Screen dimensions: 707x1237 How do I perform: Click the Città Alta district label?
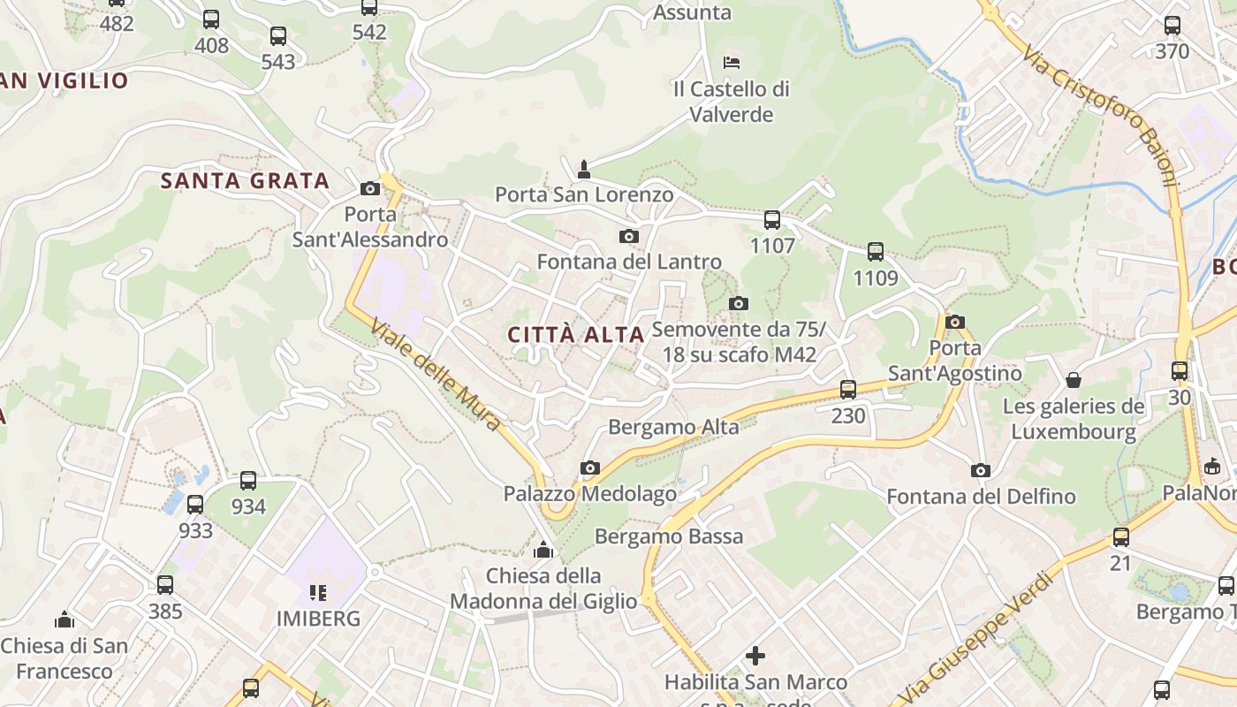coord(575,335)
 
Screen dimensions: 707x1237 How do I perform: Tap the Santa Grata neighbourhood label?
coord(245,181)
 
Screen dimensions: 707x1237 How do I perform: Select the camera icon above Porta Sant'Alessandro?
coord(370,189)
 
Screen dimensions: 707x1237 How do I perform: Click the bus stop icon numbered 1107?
coord(772,220)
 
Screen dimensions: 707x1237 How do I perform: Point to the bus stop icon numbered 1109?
coord(876,252)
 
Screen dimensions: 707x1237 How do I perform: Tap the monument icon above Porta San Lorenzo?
coord(583,168)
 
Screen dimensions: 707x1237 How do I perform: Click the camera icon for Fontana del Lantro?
coord(629,236)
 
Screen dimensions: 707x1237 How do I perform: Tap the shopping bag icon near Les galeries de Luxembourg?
coord(1074,380)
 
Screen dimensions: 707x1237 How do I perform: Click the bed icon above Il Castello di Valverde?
coord(732,62)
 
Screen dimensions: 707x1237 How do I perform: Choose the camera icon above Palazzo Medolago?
coord(590,468)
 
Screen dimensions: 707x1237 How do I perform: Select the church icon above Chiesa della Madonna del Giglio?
coord(543,551)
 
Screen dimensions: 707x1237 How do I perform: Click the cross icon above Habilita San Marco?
coord(755,656)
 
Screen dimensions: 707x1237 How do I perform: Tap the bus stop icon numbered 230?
coord(848,389)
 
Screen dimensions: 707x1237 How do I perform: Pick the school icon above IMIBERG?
coord(318,592)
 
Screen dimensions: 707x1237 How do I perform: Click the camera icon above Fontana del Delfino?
coord(981,470)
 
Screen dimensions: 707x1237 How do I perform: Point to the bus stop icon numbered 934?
coord(248,481)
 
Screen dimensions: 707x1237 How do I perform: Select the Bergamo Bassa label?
coord(669,536)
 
